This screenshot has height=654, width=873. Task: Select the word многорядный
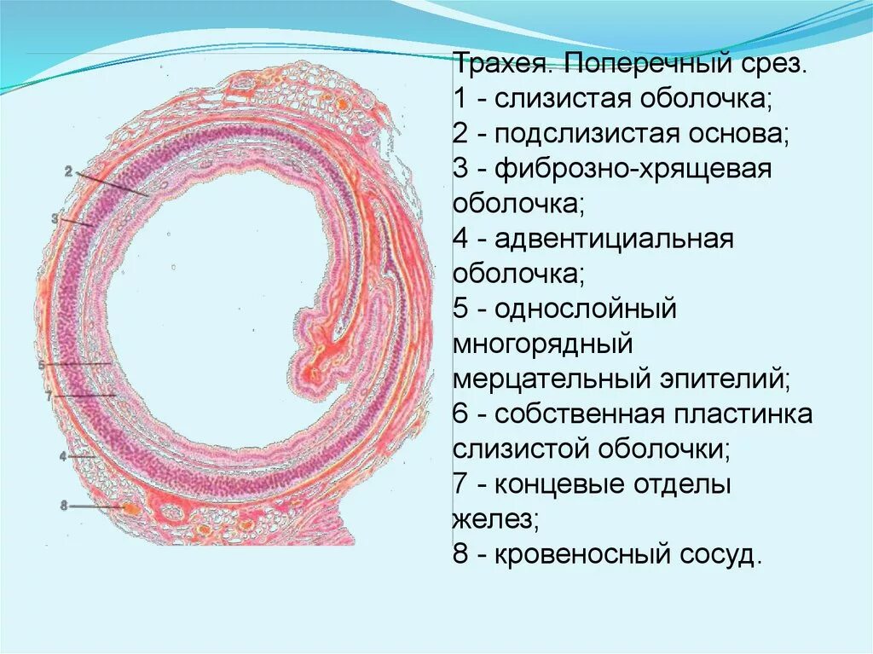(x=542, y=345)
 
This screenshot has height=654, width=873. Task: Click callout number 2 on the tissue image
(x=67, y=171)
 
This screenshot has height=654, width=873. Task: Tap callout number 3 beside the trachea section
(x=55, y=218)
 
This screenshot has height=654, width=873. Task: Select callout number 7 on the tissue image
(x=49, y=396)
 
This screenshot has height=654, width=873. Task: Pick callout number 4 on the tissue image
(x=62, y=456)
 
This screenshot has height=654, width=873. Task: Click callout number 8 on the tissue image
(x=63, y=506)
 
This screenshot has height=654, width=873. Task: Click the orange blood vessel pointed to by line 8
(x=131, y=508)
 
